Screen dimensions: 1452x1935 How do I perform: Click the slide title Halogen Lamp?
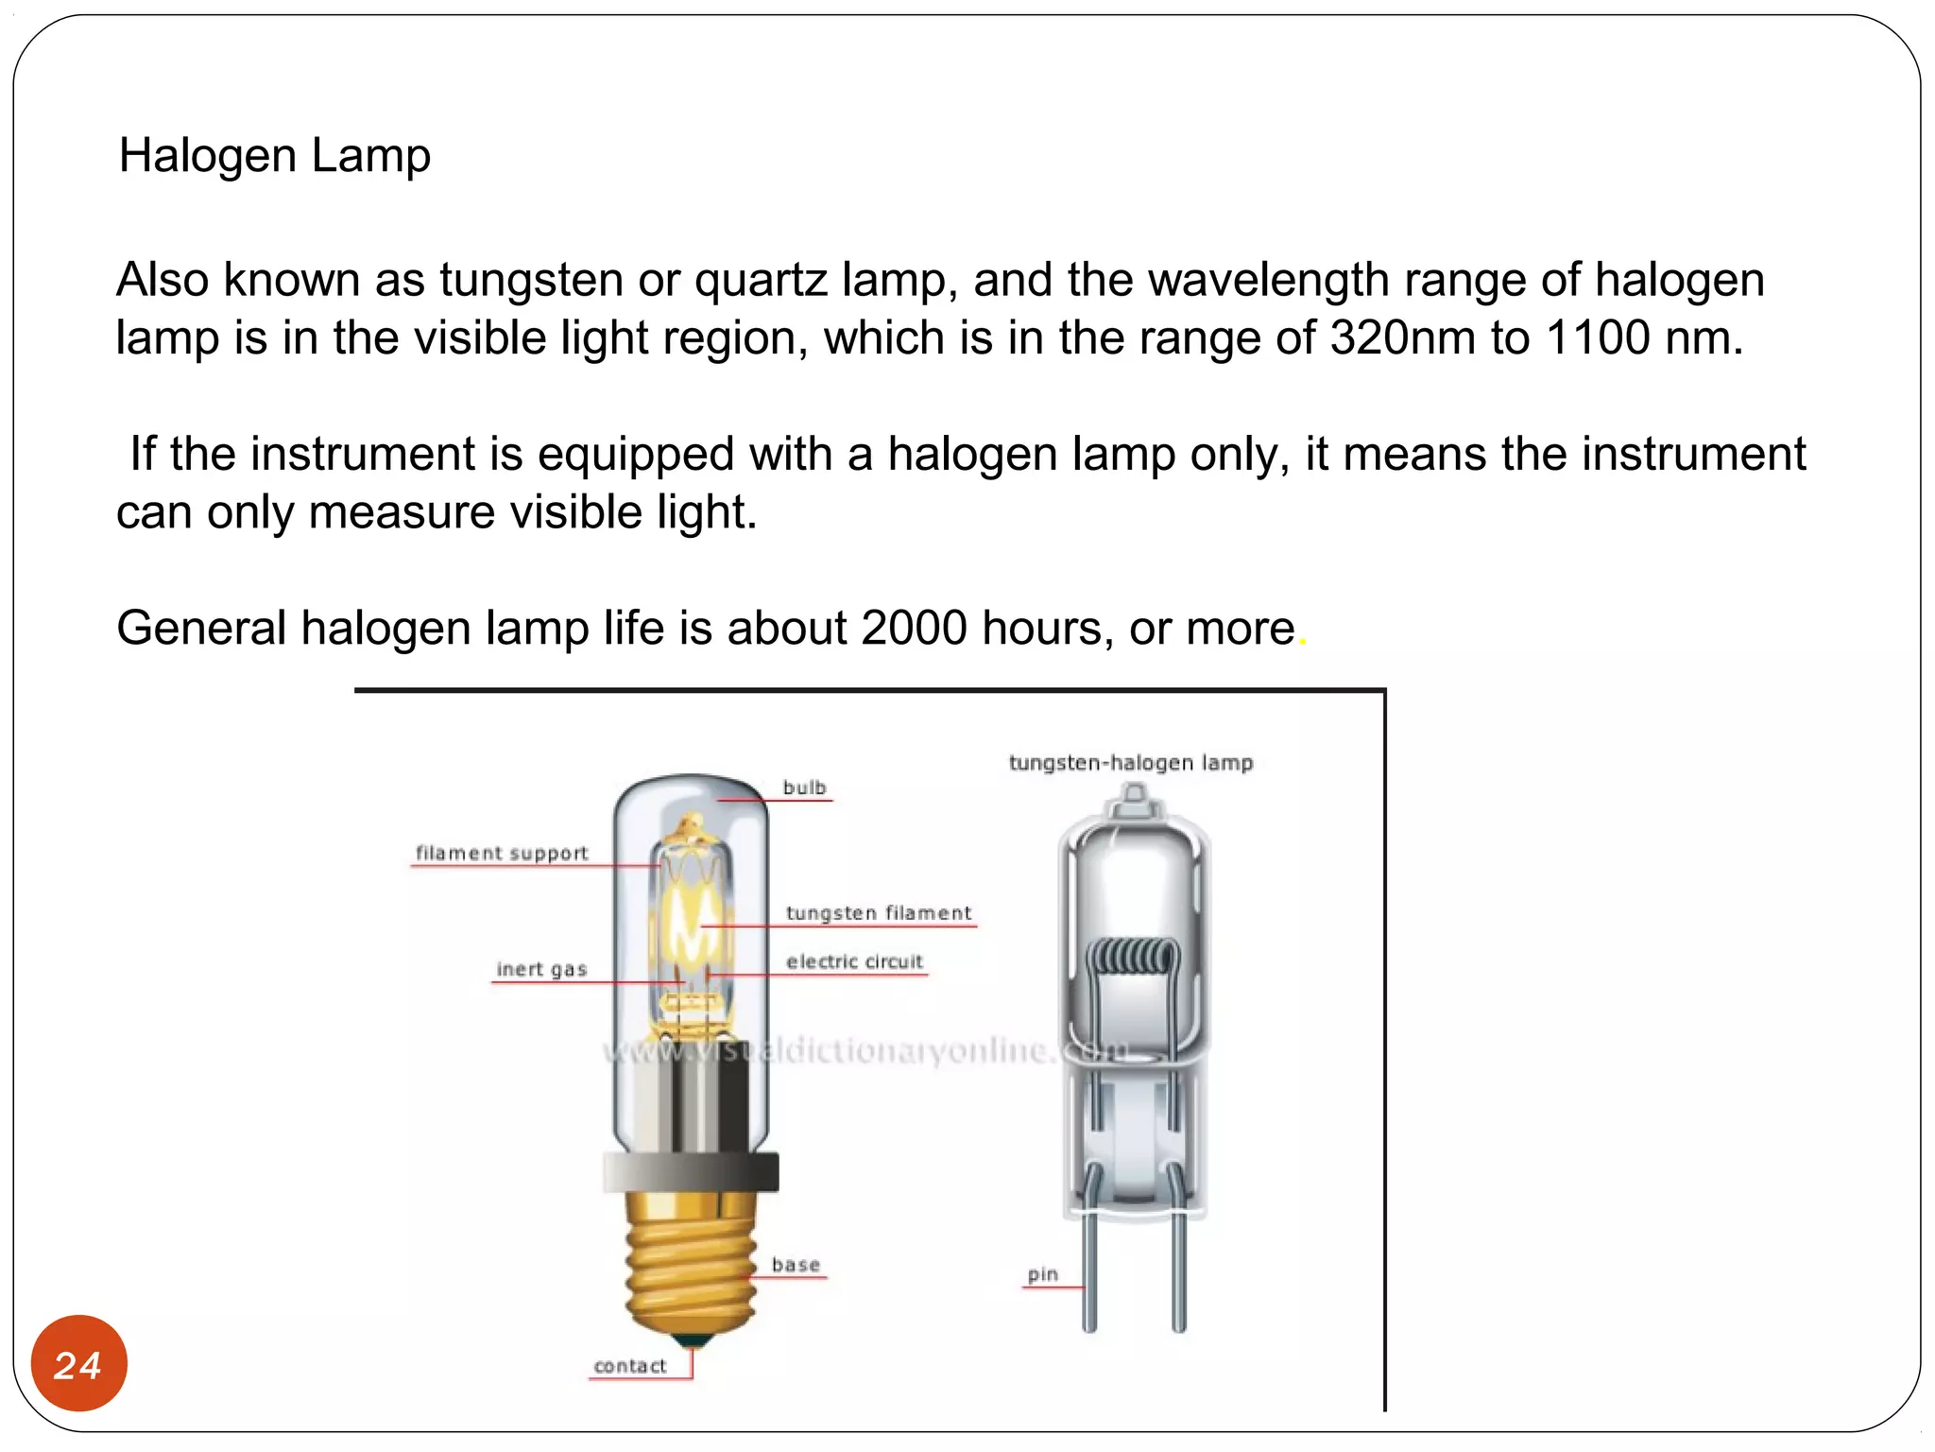point(274,156)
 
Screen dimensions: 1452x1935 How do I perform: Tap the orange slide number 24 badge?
point(78,1364)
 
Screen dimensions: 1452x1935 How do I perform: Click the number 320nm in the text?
point(1402,338)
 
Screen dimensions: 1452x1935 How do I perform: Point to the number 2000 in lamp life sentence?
point(914,629)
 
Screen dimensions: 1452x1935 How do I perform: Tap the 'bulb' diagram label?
point(804,787)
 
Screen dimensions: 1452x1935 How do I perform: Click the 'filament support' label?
point(502,853)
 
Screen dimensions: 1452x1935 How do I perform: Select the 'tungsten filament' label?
point(878,913)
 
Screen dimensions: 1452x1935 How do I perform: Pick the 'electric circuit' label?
point(854,961)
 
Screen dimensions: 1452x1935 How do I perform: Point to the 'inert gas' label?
point(541,969)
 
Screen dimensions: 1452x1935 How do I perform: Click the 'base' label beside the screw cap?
point(796,1265)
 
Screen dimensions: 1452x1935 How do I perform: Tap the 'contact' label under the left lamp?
point(629,1366)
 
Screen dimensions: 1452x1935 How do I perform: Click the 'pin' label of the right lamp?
point(1042,1274)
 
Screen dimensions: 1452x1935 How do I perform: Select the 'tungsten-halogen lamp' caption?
point(1130,763)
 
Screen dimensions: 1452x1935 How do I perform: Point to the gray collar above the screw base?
point(691,1172)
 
